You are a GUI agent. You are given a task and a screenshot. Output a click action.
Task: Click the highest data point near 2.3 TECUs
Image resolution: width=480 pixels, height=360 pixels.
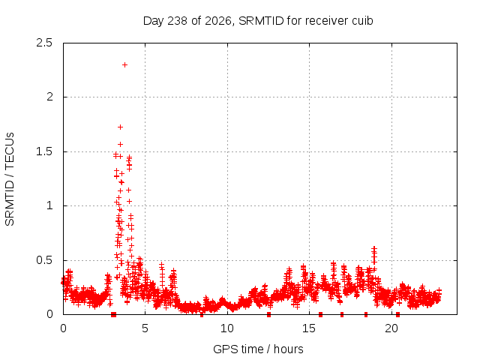click(124, 65)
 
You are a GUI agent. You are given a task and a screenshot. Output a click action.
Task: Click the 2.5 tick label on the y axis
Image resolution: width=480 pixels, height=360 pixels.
click(44, 43)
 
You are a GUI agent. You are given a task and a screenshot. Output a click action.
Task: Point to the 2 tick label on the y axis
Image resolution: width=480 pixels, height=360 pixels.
click(49, 97)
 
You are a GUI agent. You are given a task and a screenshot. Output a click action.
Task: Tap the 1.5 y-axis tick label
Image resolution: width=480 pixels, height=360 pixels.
click(44, 151)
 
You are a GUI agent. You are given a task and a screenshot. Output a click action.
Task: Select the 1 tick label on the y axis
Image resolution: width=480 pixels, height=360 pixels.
click(49, 205)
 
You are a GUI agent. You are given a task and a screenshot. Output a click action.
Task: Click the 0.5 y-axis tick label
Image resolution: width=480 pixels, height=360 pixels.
click(44, 260)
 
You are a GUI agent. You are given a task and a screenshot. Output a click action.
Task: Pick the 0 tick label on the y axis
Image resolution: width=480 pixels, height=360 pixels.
click(49, 314)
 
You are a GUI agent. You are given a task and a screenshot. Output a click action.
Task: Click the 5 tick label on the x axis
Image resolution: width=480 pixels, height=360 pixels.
click(145, 328)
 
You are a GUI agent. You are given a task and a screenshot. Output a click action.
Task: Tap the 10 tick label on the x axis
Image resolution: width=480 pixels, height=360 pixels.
click(227, 328)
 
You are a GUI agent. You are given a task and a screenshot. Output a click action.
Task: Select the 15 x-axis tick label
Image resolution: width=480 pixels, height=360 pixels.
click(309, 328)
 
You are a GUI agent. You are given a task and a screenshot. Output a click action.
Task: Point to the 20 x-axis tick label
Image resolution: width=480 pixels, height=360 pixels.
click(391, 328)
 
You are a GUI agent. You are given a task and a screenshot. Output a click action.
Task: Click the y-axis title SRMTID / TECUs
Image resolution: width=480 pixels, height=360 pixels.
click(10, 179)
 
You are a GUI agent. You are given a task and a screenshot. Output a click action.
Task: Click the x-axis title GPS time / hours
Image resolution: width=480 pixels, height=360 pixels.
click(258, 349)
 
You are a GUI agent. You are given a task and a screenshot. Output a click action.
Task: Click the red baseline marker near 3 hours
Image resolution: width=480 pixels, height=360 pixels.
click(113, 314)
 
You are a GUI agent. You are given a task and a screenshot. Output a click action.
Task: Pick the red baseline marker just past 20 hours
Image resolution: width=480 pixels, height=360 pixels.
click(397, 314)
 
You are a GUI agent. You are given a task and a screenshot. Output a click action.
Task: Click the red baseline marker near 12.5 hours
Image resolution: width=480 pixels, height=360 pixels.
click(268, 314)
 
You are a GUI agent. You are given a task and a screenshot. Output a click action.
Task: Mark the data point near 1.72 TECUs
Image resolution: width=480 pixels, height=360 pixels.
click(120, 127)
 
